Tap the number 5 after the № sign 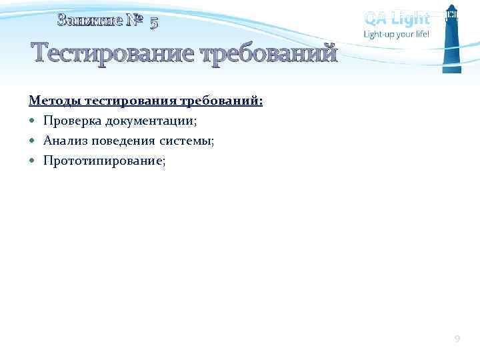(154, 23)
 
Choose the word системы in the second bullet (187, 141)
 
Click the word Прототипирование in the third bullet (103, 160)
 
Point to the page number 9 (457, 339)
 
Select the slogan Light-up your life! (396, 34)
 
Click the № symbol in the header (135, 21)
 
